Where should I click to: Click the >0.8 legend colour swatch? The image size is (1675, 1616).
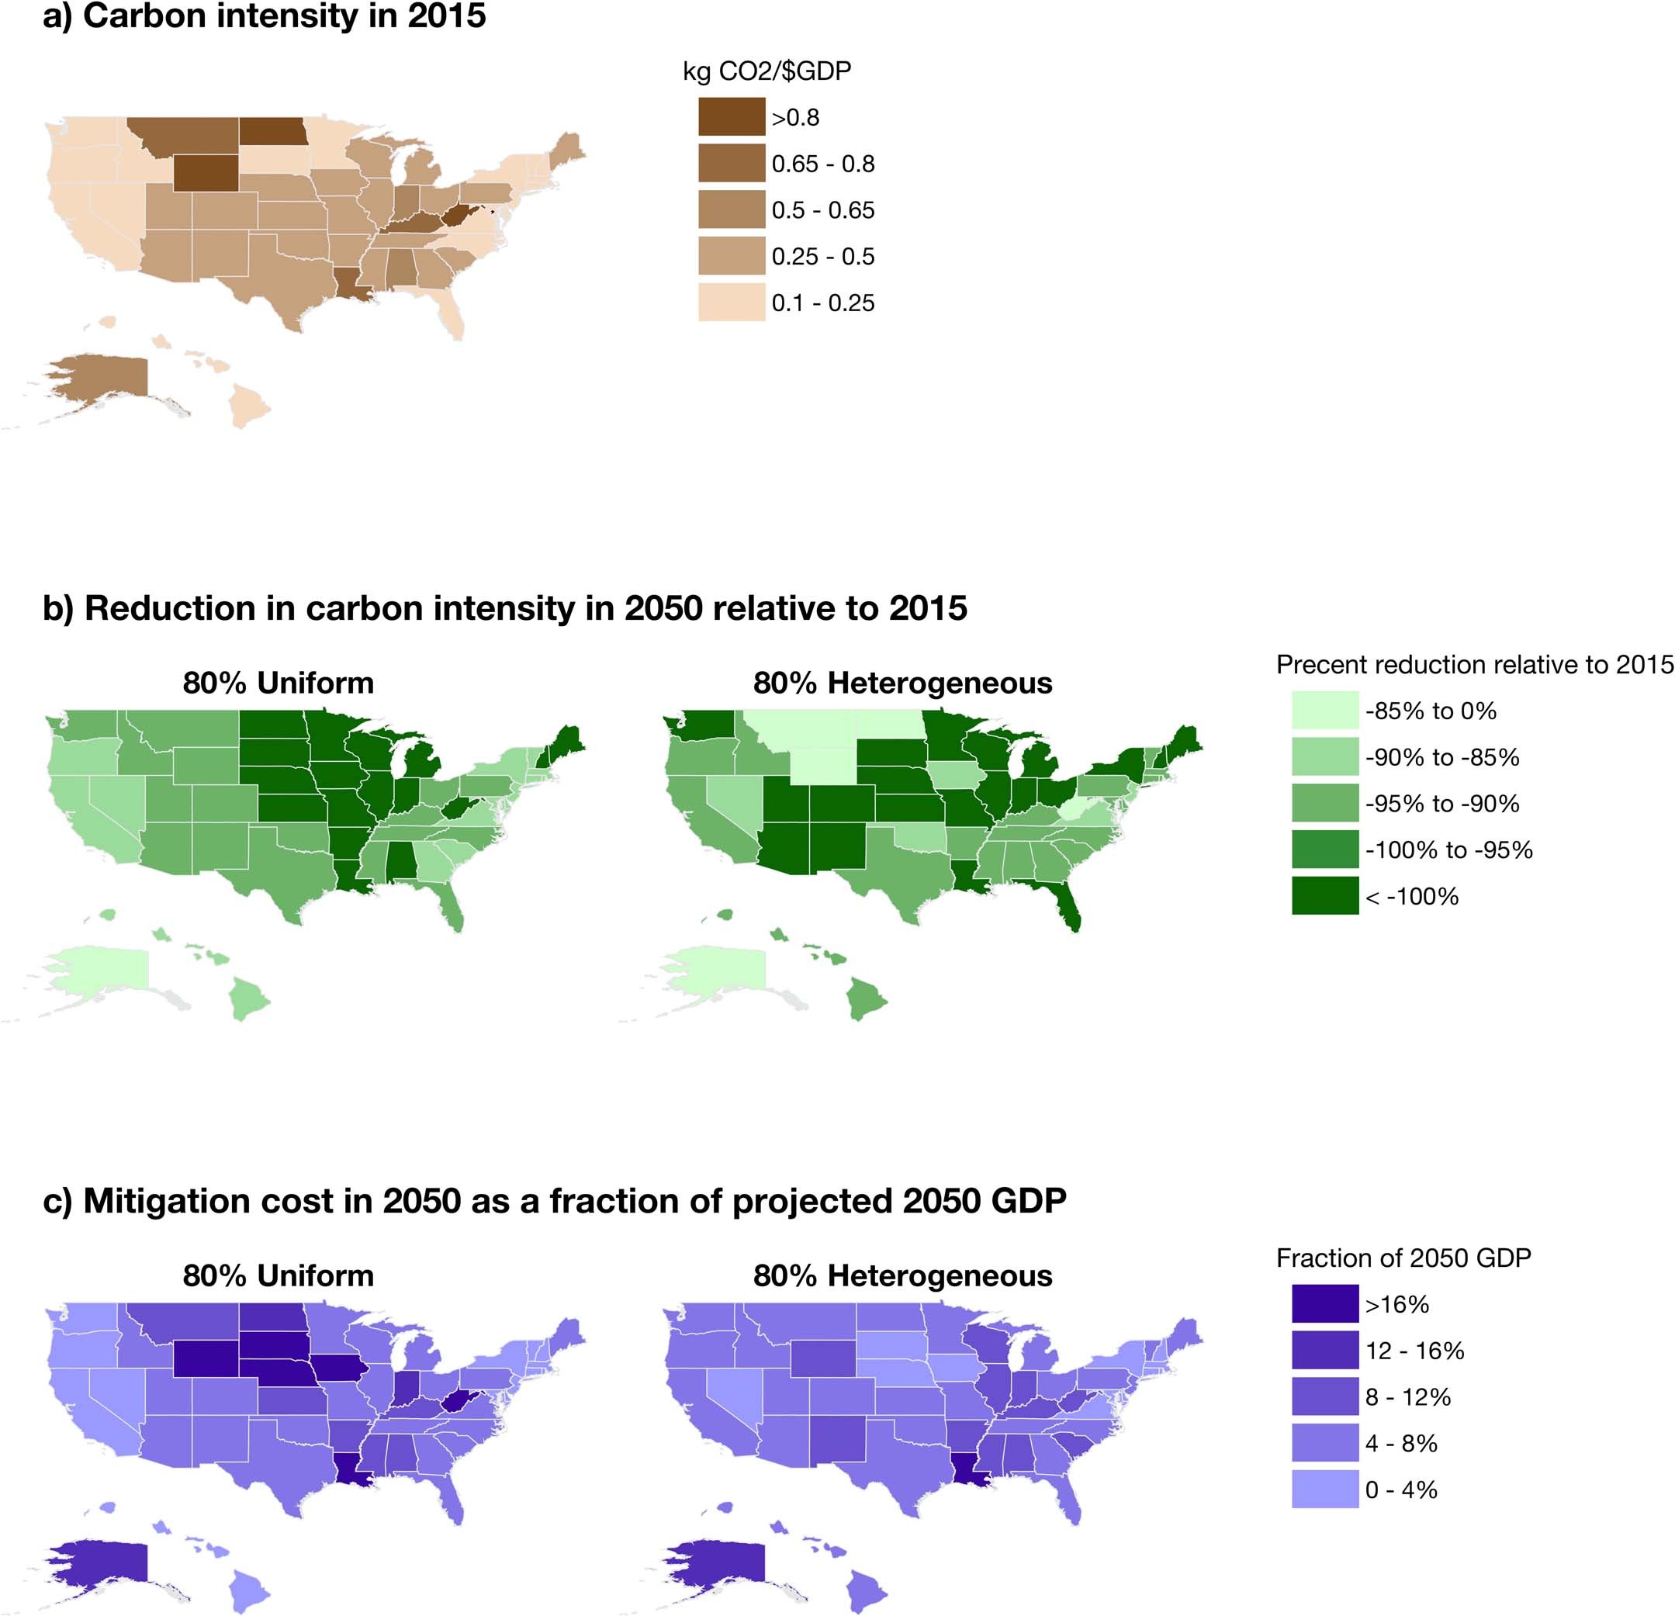point(732,117)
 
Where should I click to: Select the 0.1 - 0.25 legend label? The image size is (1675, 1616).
point(823,303)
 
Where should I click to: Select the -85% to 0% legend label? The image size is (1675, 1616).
point(1431,711)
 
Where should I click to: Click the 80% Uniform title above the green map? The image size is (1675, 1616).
point(278,683)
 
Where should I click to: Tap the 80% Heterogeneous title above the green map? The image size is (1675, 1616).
point(902,683)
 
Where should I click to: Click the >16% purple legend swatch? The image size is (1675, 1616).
point(1324,1304)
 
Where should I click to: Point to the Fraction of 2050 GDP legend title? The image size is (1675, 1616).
point(1403,1258)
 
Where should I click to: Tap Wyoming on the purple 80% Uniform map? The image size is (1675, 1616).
point(206,1358)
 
